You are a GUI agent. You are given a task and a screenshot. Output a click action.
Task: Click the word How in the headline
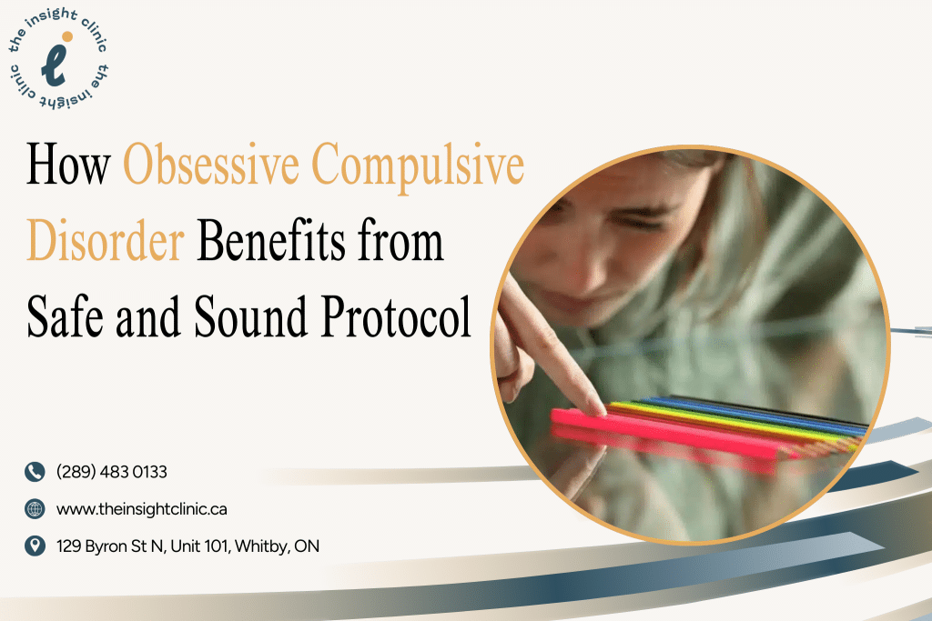pyautogui.click(x=68, y=165)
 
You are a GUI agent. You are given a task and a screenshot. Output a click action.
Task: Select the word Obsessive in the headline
pyautogui.click(x=211, y=165)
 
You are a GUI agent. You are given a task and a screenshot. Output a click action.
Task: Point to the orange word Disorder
pyautogui.click(x=106, y=240)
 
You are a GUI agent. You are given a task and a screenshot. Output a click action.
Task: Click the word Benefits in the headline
pyautogui.click(x=270, y=240)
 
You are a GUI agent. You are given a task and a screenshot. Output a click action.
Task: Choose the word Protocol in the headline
pyautogui.click(x=396, y=317)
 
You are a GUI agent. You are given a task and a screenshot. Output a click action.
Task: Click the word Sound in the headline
pyautogui.click(x=250, y=316)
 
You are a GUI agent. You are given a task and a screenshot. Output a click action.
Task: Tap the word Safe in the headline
pyautogui.click(x=65, y=316)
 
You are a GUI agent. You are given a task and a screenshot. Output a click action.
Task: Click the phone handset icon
pyautogui.click(x=35, y=472)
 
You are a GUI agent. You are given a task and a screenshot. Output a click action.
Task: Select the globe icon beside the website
pyautogui.click(x=35, y=509)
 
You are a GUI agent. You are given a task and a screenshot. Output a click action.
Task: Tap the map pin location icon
pyautogui.click(x=35, y=546)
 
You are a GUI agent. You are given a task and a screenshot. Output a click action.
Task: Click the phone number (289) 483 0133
pyautogui.click(x=112, y=472)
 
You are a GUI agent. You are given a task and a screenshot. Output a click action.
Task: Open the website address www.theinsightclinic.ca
pyautogui.click(x=141, y=509)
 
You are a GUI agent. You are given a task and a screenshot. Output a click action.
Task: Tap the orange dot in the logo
pyautogui.click(x=67, y=36)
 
